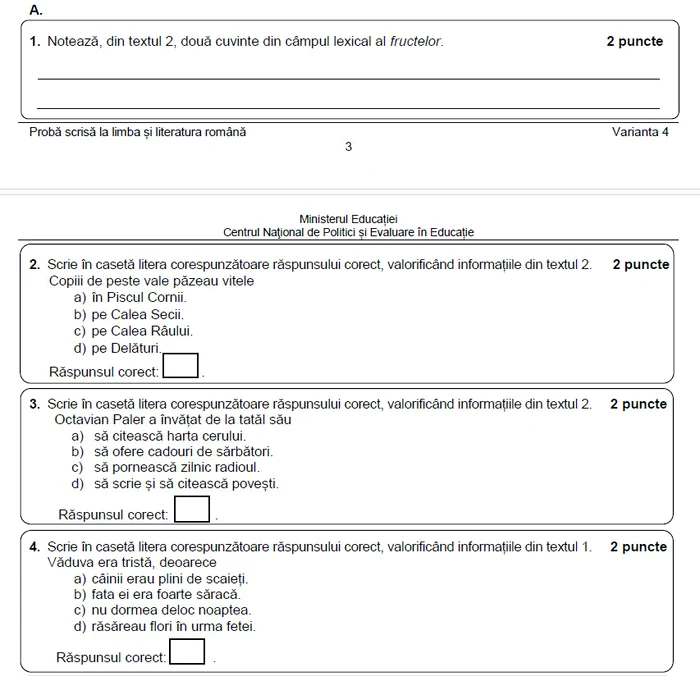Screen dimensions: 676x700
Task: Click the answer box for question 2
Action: [x=181, y=366]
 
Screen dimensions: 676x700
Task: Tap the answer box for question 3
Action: [x=192, y=510]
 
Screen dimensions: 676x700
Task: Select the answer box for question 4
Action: [x=187, y=652]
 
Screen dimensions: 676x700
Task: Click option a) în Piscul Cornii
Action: [x=130, y=297]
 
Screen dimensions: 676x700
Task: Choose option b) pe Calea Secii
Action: [x=128, y=314]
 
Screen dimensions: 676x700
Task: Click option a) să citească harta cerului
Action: [x=158, y=436]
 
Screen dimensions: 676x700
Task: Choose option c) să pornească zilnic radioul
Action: [x=165, y=467]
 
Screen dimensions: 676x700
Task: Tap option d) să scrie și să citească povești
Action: [x=174, y=484]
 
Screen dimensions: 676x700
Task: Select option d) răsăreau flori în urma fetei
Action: [x=164, y=627]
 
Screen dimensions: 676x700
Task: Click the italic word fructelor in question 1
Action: [x=415, y=42]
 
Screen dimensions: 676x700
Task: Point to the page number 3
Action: [x=348, y=147]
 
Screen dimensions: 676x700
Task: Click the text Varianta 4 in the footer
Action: [x=640, y=132]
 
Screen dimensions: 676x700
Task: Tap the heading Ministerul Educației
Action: [x=348, y=218]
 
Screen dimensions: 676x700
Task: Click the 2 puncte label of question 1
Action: [x=634, y=42]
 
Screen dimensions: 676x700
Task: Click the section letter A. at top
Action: [x=36, y=10]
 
